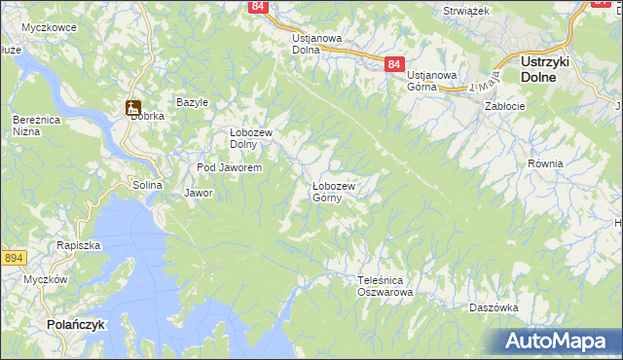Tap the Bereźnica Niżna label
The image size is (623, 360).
(x=34, y=126)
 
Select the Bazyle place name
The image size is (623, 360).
(x=193, y=102)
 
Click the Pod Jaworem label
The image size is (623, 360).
(x=229, y=168)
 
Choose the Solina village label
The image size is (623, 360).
(x=148, y=185)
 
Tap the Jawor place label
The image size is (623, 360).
(x=199, y=193)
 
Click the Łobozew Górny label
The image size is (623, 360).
(x=334, y=192)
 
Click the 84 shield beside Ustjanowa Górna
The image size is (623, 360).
(x=392, y=64)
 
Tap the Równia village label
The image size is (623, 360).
(x=545, y=163)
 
